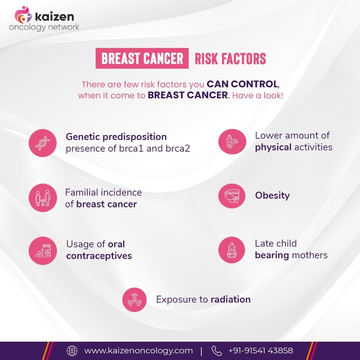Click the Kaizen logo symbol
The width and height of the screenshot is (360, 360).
tap(23, 15)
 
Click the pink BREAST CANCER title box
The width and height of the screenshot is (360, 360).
tap(142, 59)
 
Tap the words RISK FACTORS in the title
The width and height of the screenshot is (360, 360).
tap(230, 59)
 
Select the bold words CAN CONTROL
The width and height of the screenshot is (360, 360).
tap(242, 84)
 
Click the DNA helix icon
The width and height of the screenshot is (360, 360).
tap(42, 143)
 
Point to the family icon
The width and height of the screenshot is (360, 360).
tap(42, 198)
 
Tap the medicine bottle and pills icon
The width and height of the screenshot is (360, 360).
tap(42, 251)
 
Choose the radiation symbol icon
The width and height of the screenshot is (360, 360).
tap(134, 300)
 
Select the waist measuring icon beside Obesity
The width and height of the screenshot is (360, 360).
tap(232, 195)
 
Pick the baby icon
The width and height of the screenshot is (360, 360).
tap(232, 250)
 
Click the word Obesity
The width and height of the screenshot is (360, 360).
tap(272, 195)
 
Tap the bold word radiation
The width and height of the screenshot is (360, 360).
tap(230, 299)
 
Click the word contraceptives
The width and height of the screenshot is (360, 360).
tap(99, 256)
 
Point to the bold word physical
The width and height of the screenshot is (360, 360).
tap(273, 147)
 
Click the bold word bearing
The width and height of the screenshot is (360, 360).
tap(272, 255)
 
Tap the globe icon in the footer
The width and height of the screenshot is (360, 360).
tap(72, 351)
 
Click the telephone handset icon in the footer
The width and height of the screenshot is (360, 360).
tap(217, 351)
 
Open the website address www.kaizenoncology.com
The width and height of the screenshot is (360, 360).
tap(138, 351)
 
